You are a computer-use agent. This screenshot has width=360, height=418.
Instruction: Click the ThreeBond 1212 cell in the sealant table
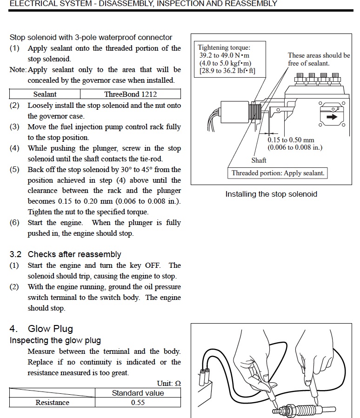tap(130, 94)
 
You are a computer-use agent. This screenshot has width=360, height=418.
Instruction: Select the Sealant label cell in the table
tap(45, 94)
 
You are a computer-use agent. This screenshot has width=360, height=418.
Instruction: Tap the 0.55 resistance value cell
tap(138, 403)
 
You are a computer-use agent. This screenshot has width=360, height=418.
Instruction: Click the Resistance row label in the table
tap(52, 403)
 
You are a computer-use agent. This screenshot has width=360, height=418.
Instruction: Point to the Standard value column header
tap(138, 393)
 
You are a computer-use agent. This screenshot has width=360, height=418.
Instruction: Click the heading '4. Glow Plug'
tap(41, 329)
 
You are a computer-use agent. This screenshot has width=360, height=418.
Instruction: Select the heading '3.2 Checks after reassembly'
tap(65, 254)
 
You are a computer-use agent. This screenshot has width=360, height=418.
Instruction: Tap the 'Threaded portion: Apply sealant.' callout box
tap(278, 173)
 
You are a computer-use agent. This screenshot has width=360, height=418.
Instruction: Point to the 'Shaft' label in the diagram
tap(259, 160)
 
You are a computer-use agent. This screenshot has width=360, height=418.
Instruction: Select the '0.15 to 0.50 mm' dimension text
tap(291, 140)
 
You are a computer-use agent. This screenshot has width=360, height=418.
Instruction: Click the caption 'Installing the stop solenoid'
tap(271, 194)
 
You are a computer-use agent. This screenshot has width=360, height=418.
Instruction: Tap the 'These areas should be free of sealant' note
tap(319, 59)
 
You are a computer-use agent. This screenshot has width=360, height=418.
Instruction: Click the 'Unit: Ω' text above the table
tap(169, 384)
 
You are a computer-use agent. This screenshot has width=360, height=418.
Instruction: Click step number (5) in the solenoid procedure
tap(14, 169)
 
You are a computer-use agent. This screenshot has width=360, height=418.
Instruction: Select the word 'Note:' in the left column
tap(18, 70)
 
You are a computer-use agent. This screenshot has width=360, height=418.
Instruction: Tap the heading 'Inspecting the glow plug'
tap(55, 340)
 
